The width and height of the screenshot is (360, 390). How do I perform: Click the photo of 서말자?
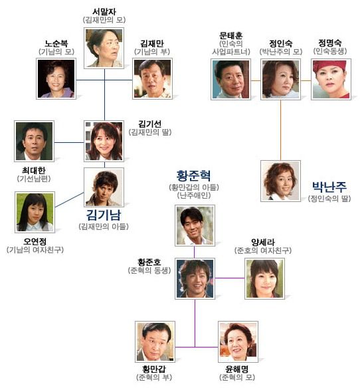coord(104,48)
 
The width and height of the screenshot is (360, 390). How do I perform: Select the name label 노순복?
coord(56,43)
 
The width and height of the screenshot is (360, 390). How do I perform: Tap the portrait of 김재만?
coord(152,78)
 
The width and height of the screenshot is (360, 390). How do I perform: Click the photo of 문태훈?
coord(230,79)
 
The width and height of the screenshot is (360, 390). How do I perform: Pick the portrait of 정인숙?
coord(281,79)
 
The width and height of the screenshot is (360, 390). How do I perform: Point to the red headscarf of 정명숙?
coord(329,66)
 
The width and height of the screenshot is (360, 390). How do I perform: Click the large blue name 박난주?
coord(329,187)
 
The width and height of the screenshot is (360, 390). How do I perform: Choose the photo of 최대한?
coord(35,142)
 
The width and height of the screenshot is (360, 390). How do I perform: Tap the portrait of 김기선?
coord(104,142)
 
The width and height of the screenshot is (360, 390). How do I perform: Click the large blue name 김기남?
coord(104,215)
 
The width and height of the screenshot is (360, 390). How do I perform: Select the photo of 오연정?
coord(35,212)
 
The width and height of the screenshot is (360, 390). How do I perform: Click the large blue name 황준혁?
coord(194,175)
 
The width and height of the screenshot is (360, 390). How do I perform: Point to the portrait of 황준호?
coord(195,278)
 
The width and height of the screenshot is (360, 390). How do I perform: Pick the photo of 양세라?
coord(264,278)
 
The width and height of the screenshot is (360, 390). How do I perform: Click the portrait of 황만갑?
coord(155,341)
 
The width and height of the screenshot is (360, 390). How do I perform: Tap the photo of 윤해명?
coord(238,341)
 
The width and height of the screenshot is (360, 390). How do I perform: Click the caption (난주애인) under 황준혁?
coord(194,195)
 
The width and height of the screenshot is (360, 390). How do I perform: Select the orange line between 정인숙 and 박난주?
coord(281,130)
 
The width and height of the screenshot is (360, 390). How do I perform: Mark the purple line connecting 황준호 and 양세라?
coord(230,278)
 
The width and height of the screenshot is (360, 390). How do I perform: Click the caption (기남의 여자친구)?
coord(35,250)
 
